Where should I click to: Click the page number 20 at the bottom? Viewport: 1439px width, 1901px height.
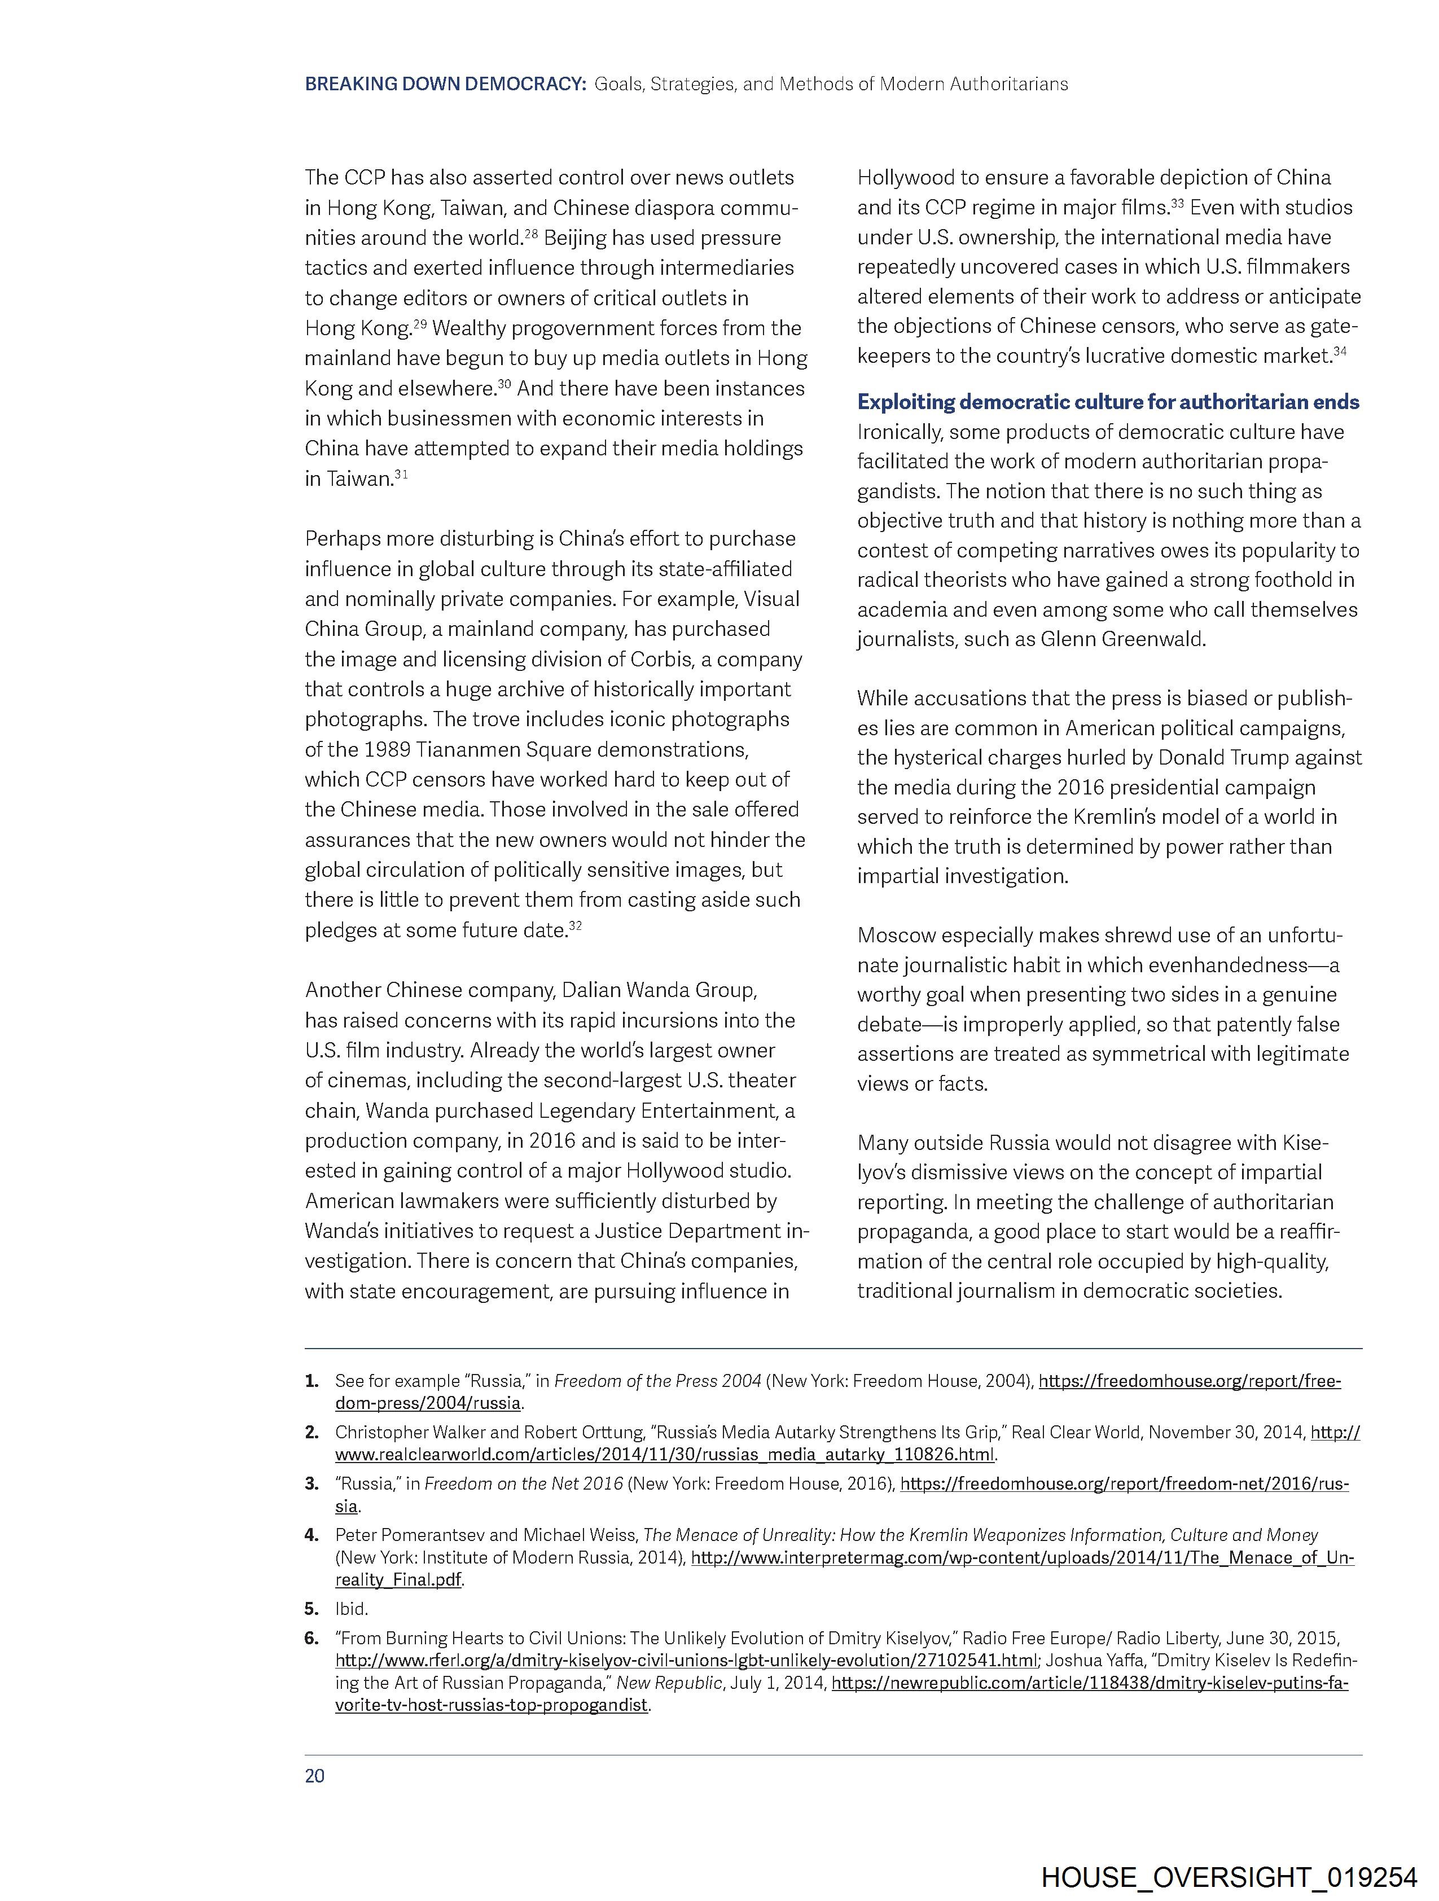pyautogui.click(x=315, y=1776)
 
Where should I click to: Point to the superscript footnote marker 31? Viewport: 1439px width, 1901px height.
pyautogui.click(x=401, y=473)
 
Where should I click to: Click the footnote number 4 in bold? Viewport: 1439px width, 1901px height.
pyautogui.click(x=310, y=1535)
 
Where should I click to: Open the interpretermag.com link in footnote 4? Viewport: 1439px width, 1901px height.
pyautogui.click(x=1022, y=1557)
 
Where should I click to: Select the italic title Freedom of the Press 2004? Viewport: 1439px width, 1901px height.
pyautogui.click(x=657, y=1381)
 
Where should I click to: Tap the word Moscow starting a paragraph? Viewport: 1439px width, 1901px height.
pyautogui.click(x=901, y=935)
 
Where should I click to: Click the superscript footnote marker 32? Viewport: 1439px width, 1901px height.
pyautogui.click(x=575, y=925)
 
